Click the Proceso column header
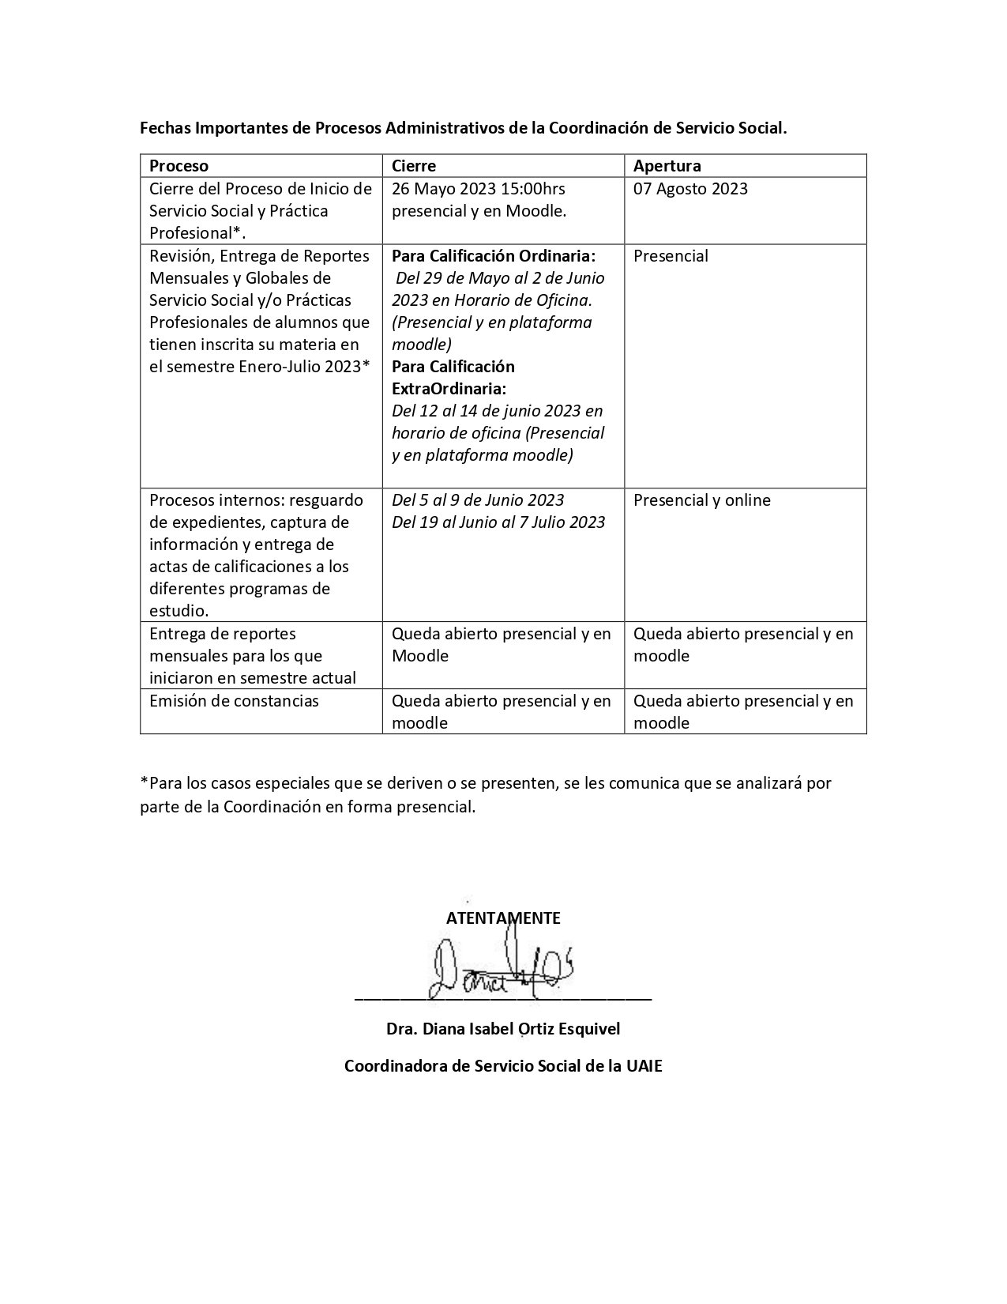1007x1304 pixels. click(178, 166)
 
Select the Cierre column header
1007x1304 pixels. click(414, 166)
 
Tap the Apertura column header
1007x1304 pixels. click(667, 166)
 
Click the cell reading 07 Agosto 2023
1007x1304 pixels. click(690, 189)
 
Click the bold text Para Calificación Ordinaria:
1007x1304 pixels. click(494, 256)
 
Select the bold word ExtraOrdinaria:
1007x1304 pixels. click(449, 389)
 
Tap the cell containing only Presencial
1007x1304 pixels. click(671, 256)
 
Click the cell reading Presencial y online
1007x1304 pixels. click(701, 500)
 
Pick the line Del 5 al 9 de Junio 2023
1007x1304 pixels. click(478, 500)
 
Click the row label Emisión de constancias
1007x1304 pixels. click(234, 701)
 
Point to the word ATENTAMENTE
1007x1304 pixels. click(503, 918)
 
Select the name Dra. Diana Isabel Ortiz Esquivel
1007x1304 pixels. click(503, 1029)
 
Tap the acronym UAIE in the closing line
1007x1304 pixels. click(644, 1066)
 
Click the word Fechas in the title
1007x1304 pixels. click(164, 128)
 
